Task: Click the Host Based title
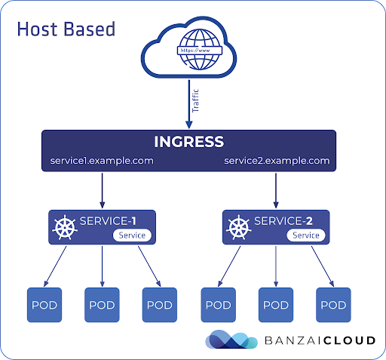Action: coord(66,29)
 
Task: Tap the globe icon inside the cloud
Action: coord(200,50)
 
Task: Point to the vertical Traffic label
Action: coord(195,100)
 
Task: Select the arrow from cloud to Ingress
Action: coord(189,104)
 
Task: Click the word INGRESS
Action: coord(189,142)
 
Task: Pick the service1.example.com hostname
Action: coord(102,161)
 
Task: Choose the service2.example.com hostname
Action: coord(277,161)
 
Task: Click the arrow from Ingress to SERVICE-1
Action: coord(102,190)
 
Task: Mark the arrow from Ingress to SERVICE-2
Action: coord(276,190)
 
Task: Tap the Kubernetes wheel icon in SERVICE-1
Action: coord(65,227)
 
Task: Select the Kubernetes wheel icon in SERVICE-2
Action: coord(239,227)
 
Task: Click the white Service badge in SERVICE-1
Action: coord(132,235)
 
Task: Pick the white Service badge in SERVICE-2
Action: coord(306,235)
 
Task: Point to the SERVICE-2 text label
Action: coord(283,221)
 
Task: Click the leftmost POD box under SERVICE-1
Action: coord(44,305)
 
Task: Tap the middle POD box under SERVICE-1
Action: coord(102,305)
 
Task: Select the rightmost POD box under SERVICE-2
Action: coord(333,305)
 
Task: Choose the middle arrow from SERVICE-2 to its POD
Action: coord(276,266)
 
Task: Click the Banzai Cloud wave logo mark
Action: coord(231,339)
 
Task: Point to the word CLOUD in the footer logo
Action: coord(349,340)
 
